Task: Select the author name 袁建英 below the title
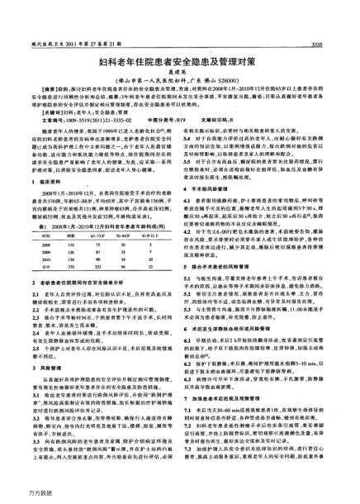pyautogui.click(x=180, y=73)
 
